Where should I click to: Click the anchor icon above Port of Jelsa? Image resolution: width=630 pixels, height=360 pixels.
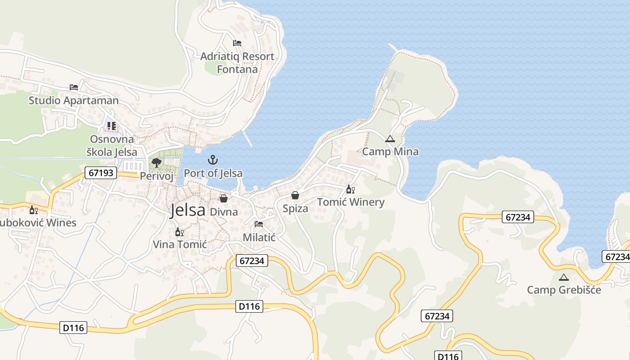(212, 160)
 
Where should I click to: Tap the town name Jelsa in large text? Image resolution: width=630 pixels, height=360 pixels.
(187, 210)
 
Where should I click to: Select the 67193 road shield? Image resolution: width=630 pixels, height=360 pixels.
(101, 173)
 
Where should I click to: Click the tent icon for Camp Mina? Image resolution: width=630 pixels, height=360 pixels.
(390, 139)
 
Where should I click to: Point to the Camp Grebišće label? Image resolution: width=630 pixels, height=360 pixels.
(564, 289)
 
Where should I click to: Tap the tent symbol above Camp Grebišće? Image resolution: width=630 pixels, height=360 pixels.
(563, 277)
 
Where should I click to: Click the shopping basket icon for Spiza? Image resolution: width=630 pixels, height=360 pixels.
(295, 195)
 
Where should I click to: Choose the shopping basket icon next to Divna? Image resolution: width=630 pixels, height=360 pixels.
(223, 198)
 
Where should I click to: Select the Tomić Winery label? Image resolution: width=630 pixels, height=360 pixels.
(351, 202)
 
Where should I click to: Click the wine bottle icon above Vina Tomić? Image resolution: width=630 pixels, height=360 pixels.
(179, 232)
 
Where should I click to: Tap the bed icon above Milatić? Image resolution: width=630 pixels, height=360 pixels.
(259, 224)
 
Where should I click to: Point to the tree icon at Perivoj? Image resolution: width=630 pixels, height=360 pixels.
(156, 162)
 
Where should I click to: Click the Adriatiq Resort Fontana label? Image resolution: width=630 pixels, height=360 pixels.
(237, 63)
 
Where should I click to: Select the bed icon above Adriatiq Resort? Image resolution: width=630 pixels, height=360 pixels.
(237, 43)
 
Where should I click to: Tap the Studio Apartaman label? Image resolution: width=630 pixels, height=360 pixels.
(74, 100)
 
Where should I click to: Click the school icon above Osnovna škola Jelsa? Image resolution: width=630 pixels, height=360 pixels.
(111, 126)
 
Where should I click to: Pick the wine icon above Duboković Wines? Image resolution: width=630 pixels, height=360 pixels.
(34, 210)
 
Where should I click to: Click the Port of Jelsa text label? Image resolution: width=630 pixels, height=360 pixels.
(213, 173)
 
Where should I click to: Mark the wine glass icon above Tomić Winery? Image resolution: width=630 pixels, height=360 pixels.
(350, 189)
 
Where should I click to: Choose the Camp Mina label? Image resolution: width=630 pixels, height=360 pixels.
(390, 152)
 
